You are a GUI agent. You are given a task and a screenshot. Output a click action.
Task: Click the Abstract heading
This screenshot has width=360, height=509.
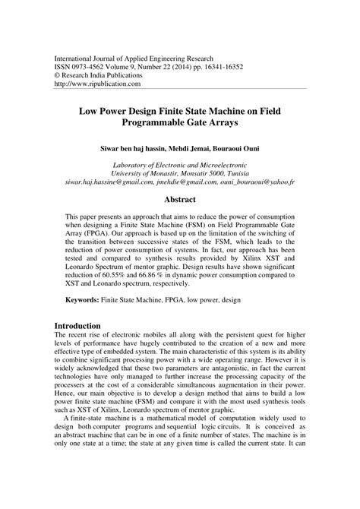(x=180, y=200)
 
